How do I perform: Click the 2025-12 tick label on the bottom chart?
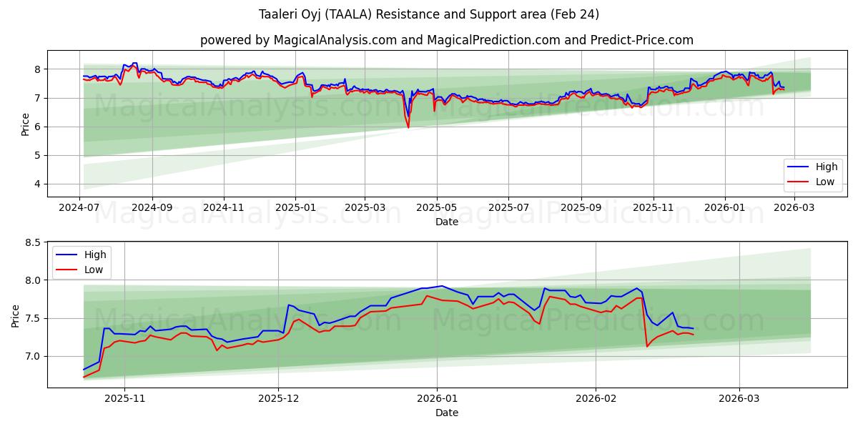pyautogui.click(x=278, y=398)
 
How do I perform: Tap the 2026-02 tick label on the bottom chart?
pyautogui.click(x=596, y=398)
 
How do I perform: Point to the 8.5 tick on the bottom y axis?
pyautogui.click(x=33, y=242)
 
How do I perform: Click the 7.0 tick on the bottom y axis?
pyautogui.click(x=33, y=356)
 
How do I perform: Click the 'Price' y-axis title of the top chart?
pyautogui.click(x=26, y=124)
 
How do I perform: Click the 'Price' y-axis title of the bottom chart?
pyautogui.click(x=16, y=315)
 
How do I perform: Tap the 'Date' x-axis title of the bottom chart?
pyautogui.click(x=446, y=413)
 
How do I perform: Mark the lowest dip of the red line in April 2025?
pyautogui.click(x=408, y=127)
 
